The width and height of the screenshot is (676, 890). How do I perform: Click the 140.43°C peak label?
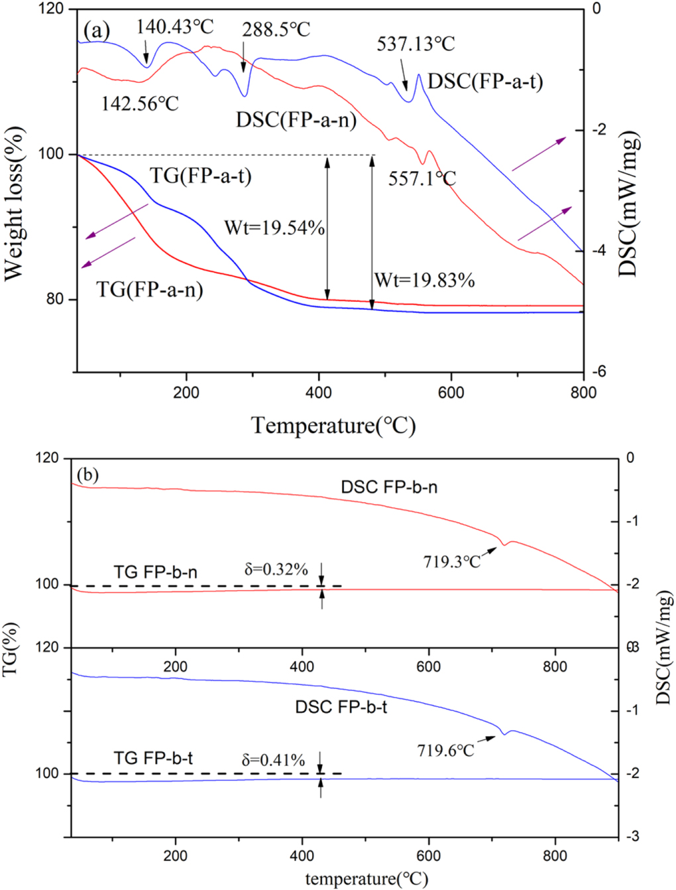(175, 27)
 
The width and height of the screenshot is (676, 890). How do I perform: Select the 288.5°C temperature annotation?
(276, 30)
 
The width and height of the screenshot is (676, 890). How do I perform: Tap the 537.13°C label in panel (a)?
(416, 44)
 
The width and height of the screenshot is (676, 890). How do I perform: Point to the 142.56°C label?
(140, 104)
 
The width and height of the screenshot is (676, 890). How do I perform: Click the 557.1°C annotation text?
(422, 178)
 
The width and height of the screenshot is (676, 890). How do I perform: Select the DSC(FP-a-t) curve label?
(485, 82)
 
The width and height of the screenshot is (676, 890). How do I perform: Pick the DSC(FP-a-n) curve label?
(296, 120)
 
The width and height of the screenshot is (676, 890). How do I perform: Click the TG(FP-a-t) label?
(200, 176)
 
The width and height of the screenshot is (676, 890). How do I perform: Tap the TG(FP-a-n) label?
(150, 290)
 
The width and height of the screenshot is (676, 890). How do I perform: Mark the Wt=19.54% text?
(274, 228)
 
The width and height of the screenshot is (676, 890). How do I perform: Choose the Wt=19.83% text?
(424, 281)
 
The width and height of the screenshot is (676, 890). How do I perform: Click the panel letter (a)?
(97, 30)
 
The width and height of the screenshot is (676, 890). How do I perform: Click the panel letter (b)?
(87, 475)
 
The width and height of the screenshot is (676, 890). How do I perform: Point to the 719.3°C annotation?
(452, 562)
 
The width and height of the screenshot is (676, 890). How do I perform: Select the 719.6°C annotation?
(445, 751)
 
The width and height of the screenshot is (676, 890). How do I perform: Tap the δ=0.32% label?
(276, 569)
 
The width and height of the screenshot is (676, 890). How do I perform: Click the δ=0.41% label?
(273, 760)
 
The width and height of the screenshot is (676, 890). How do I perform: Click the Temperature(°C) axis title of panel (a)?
(333, 425)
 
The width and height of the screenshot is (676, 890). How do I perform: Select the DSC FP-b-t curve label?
(341, 707)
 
